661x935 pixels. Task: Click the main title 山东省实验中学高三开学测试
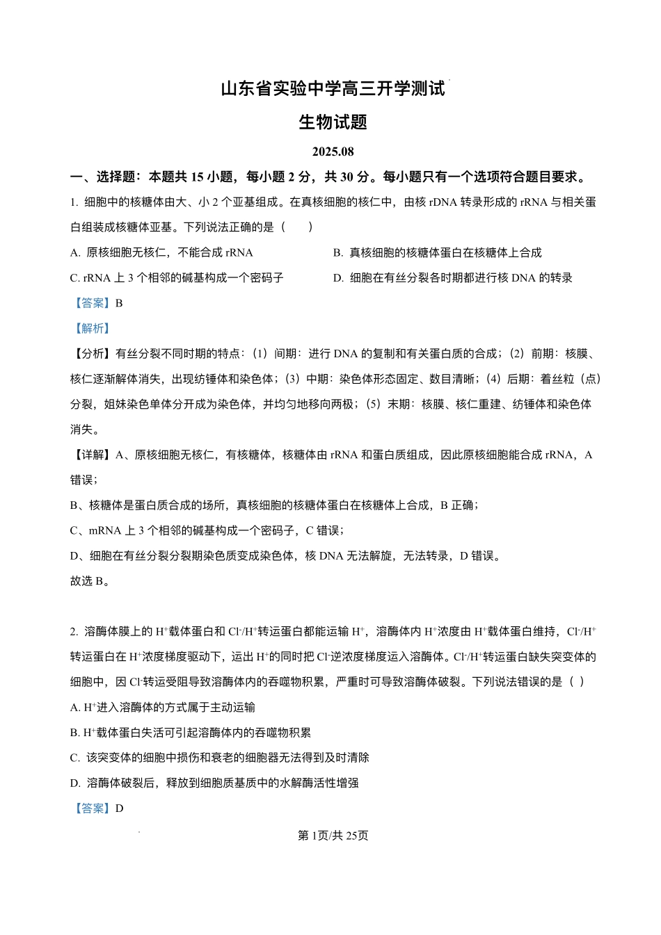tap(333, 89)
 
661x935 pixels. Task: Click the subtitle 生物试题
tap(333, 122)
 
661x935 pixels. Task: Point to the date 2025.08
tap(333, 152)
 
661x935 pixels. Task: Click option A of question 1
tap(161, 253)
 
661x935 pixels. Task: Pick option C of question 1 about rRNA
tap(177, 278)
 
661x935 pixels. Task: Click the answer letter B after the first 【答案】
tap(119, 303)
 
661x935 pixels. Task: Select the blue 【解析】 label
tap(93, 328)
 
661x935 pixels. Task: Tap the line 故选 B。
tap(90, 581)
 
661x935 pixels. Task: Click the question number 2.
tap(74, 632)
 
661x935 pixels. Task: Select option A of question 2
tap(163, 708)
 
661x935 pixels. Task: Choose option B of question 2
tap(191, 733)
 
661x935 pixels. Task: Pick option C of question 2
tap(220, 758)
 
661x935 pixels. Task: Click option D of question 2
tap(214, 783)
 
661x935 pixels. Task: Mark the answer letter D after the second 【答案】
tap(120, 808)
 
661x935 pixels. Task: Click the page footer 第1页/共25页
tap(333, 836)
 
